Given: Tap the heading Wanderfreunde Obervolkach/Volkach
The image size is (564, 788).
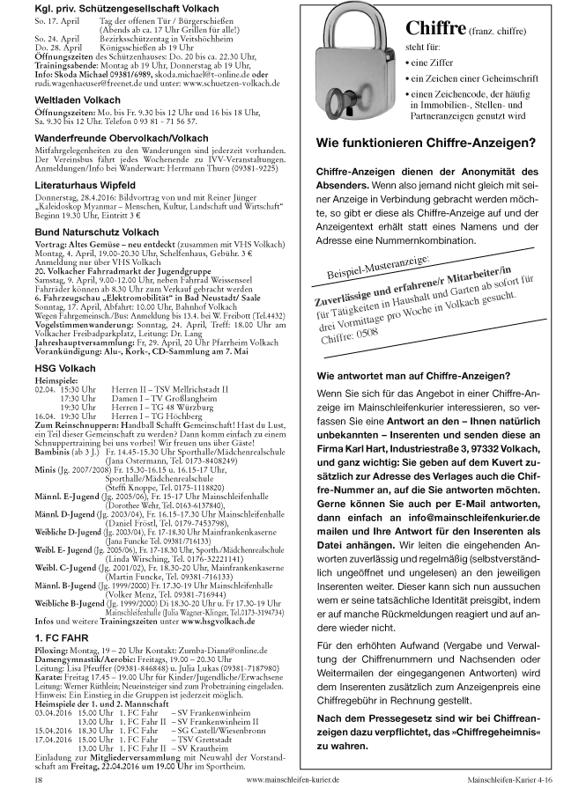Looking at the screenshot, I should (122, 138).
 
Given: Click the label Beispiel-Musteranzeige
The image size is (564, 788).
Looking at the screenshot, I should (385, 264).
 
